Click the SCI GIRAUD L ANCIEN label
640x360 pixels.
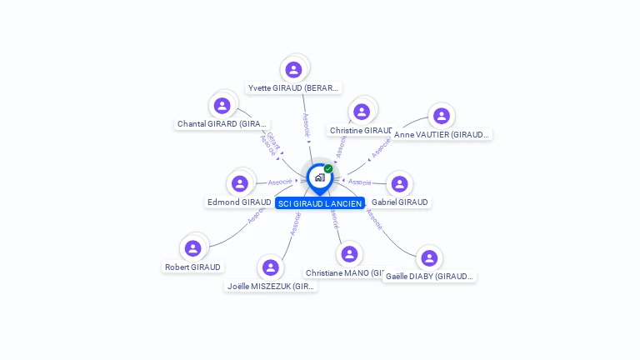[x=320, y=203]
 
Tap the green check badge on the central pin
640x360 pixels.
[x=328, y=169]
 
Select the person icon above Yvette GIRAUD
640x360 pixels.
[x=293, y=69]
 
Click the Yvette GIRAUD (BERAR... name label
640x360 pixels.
[x=294, y=87]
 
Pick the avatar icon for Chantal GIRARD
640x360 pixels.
[x=222, y=106]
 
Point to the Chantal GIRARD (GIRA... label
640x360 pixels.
[x=222, y=124]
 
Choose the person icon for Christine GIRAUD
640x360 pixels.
[x=361, y=112]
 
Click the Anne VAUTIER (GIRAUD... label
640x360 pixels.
[x=442, y=134]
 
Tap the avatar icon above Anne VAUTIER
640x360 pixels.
[x=441, y=116]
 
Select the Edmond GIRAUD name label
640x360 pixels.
[x=239, y=202]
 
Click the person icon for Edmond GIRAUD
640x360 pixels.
[x=240, y=183]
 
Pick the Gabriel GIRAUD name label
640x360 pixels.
[x=400, y=202]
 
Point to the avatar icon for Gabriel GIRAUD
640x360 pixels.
[x=400, y=183]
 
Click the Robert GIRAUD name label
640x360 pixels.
[x=193, y=267]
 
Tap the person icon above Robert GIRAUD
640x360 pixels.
[x=193, y=248]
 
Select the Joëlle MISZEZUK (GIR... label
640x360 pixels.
[x=272, y=286]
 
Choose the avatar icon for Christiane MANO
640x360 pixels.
[x=350, y=254]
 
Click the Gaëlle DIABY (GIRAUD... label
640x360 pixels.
[x=429, y=276]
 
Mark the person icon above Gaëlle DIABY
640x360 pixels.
[x=429, y=258]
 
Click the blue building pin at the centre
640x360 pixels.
[x=318, y=177]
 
